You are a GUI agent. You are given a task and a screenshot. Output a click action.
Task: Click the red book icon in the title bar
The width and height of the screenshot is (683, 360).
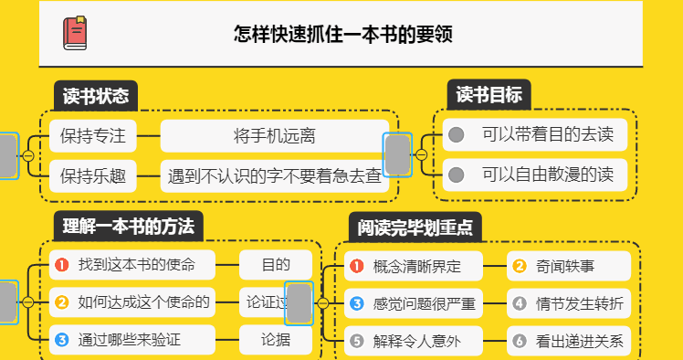[75, 34]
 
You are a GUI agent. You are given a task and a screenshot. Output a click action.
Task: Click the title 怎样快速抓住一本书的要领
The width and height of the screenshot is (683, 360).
[344, 35]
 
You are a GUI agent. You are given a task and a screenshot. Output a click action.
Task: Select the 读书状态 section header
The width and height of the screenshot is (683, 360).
[95, 95]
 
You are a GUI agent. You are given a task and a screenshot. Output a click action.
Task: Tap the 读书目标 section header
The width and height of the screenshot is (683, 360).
[489, 95]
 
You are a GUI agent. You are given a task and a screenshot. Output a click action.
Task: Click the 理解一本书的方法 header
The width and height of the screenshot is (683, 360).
[127, 225]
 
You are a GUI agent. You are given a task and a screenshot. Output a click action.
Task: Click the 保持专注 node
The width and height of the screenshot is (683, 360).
[92, 136]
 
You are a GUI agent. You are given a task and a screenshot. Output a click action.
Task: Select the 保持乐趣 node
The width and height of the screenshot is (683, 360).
[92, 174]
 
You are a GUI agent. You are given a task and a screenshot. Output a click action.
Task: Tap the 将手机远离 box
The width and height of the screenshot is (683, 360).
[275, 136]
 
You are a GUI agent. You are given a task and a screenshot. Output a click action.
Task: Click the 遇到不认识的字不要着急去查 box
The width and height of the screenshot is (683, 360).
[275, 174]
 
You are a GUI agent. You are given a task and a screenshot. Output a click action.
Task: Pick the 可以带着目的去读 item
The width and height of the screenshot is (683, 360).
[546, 135]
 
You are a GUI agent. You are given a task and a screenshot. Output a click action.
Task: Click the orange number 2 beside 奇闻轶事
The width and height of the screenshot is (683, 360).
[520, 266]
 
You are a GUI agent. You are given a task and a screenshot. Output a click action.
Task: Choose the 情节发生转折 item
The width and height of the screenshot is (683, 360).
[579, 303]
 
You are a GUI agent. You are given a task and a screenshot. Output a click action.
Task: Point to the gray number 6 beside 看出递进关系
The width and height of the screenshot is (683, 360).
[520, 342]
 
